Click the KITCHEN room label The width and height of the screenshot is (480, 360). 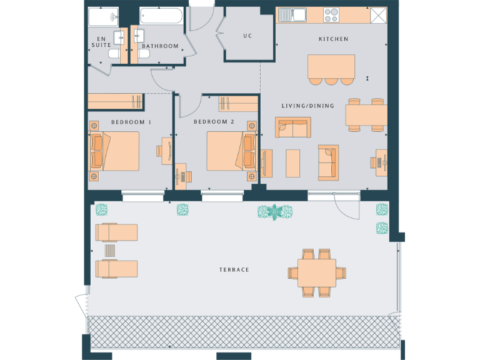click(334, 39)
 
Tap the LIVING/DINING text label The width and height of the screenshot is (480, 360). click(308, 106)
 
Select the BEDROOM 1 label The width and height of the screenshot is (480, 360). click(131, 122)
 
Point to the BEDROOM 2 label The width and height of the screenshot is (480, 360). click(214, 122)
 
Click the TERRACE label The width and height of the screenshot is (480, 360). click(234, 270)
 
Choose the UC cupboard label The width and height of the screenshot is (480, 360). click(248, 36)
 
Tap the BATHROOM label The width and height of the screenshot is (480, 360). click(160, 46)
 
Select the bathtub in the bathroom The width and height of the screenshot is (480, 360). click(161, 16)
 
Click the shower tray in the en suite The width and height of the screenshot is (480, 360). click(103, 16)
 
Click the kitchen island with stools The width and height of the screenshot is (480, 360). click(331, 66)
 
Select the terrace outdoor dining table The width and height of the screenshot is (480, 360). click(316, 272)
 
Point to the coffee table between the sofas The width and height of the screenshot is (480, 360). click(294, 162)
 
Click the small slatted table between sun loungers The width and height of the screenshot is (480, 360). click(110, 251)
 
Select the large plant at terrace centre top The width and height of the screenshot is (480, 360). click(275, 212)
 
